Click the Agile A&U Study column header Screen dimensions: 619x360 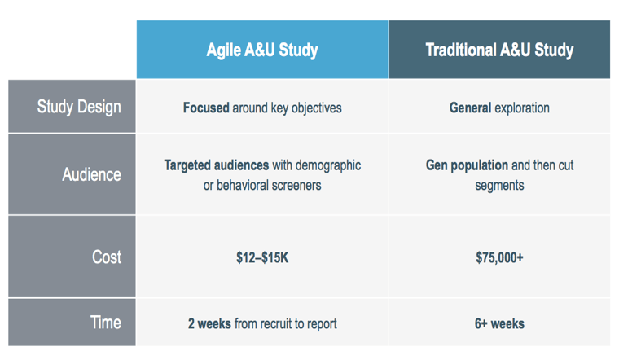click(x=262, y=50)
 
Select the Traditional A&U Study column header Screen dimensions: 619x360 click(x=499, y=50)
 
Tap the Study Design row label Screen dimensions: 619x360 click(x=79, y=107)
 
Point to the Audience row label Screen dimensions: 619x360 click(x=91, y=174)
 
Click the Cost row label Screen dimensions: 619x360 click(x=107, y=257)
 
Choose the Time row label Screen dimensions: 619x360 click(x=105, y=323)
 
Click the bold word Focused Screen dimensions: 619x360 click(x=206, y=108)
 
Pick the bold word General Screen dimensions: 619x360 click(x=470, y=108)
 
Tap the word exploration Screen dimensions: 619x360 click(x=522, y=108)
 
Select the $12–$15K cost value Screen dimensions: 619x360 click(x=262, y=257)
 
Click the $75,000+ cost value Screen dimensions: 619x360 click(x=499, y=257)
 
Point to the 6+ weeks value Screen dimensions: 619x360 click(x=499, y=323)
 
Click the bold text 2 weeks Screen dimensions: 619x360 click(x=209, y=323)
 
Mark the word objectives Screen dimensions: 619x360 click(x=317, y=108)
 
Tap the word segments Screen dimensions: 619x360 click(x=499, y=186)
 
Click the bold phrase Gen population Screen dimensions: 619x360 click(x=467, y=165)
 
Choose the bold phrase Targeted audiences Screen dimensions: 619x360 click(x=217, y=165)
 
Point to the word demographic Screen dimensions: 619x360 click(x=328, y=165)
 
